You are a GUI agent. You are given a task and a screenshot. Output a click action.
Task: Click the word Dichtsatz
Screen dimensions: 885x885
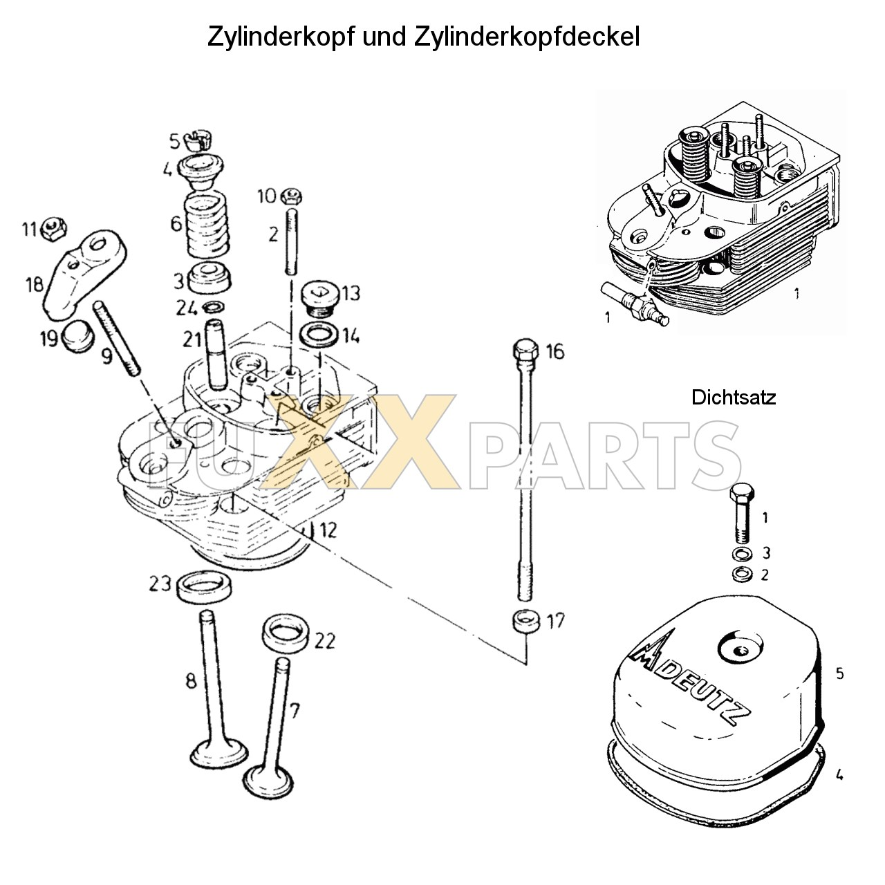pyautogui.click(x=733, y=398)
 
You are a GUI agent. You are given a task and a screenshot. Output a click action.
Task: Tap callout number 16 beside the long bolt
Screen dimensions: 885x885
pyautogui.click(x=555, y=351)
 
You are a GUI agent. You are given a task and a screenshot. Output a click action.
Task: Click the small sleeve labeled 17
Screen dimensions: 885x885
pyautogui.click(x=525, y=620)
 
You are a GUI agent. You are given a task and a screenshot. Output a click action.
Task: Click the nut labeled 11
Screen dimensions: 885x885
pyautogui.click(x=53, y=228)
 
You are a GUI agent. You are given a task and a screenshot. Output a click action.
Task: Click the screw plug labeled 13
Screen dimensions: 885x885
pyautogui.click(x=319, y=297)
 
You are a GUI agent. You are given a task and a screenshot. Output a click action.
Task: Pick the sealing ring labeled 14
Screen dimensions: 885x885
pyautogui.click(x=319, y=336)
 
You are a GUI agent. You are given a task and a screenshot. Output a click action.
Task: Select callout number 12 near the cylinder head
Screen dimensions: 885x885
pyautogui.click(x=327, y=531)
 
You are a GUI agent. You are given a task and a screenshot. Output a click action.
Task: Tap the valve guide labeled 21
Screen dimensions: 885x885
pyautogui.click(x=215, y=354)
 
